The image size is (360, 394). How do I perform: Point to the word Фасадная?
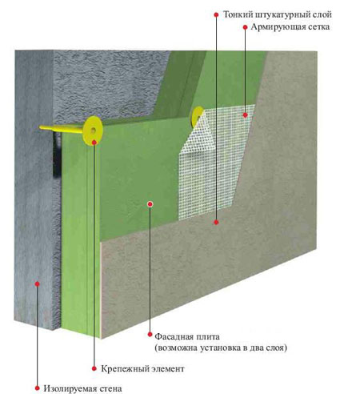[x=174, y=336]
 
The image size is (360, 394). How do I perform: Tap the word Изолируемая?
[x=70, y=388]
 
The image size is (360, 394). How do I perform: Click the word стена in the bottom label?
[x=110, y=389]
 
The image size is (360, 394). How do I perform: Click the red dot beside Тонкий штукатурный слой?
[x=216, y=14]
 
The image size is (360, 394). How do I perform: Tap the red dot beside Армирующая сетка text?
[x=245, y=27]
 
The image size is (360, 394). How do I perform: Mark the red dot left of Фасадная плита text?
[x=150, y=335]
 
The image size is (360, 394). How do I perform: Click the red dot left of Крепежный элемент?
[x=94, y=368]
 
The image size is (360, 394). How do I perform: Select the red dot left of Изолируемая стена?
[x=38, y=388]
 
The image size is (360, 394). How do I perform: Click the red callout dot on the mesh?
[x=245, y=115]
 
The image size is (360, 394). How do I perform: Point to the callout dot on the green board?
[x=150, y=204]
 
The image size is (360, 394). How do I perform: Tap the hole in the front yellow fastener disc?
[x=93, y=131]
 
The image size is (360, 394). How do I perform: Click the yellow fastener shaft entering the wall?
[x=62, y=129]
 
